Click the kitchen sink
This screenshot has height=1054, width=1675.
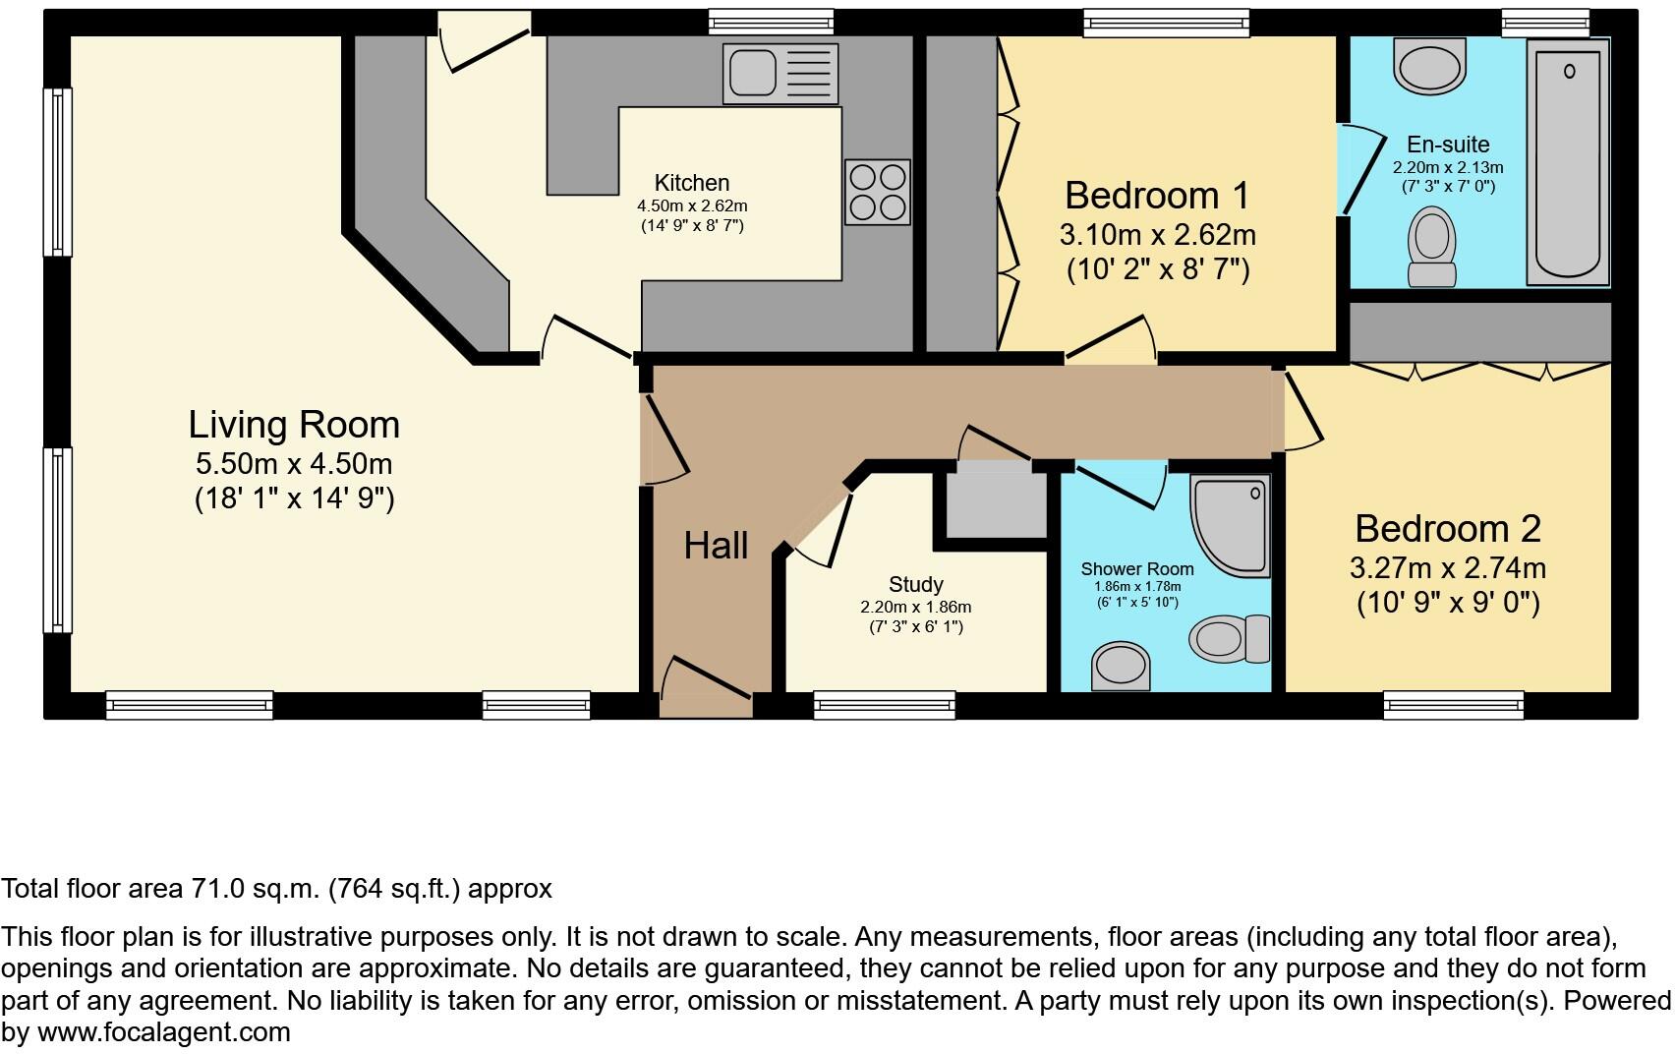[x=780, y=73]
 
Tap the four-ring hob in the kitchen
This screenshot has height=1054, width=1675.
[x=877, y=193]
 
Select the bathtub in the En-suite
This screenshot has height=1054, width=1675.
[x=1568, y=162]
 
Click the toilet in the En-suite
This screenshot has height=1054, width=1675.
[x=1431, y=246]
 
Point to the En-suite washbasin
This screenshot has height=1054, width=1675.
[x=1430, y=67]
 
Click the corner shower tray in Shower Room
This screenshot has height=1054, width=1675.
[x=1230, y=525]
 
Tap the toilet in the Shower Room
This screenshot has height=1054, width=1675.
[x=1230, y=638]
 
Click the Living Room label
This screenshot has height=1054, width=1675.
[x=294, y=425]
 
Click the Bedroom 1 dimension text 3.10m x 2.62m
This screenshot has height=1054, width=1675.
[x=1157, y=235]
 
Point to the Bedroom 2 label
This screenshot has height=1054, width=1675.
[x=1447, y=529]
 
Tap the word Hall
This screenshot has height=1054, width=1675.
[x=716, y=546]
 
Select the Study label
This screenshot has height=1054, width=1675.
[x=915, y=585]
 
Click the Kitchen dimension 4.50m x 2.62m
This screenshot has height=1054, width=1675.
[x=692, y=206]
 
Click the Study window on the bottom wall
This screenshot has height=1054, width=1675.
[x=884, y=704]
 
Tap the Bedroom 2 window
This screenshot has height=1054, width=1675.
[x=1453, y=704]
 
